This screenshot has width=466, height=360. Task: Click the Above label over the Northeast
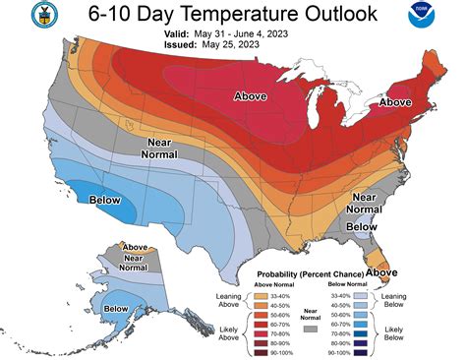[395, 100]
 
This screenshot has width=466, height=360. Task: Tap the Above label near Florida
[381, 272]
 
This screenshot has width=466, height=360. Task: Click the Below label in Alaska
[116, 310]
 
